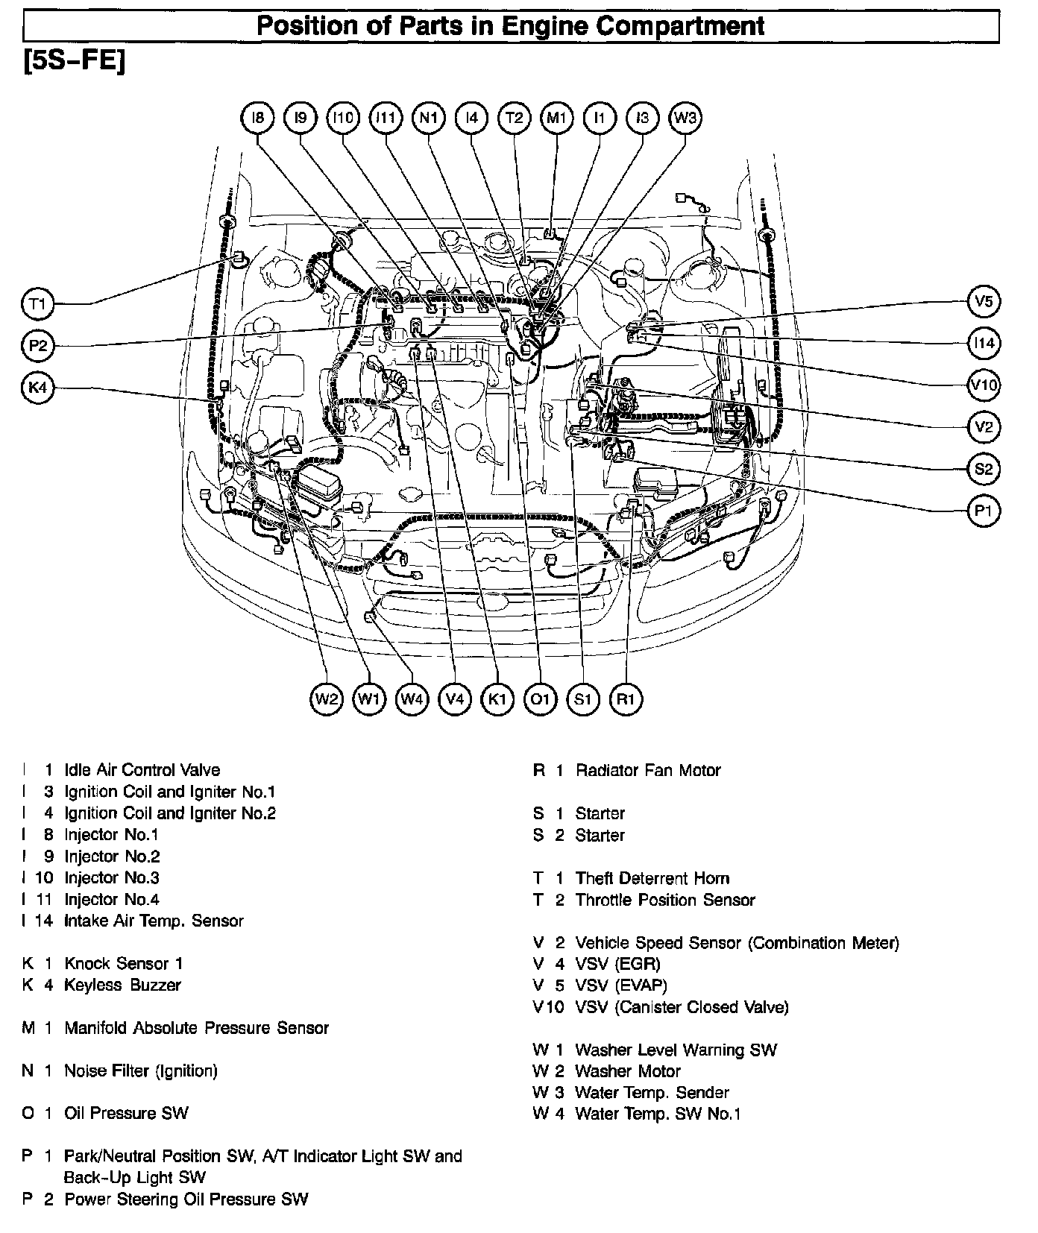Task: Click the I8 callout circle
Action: (258, 118)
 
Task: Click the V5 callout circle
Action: (984, 301)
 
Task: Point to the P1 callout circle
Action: (984, 511)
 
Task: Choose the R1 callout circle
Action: (626, 699)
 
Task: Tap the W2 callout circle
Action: (327, 699)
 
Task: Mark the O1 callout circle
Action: (540, 699)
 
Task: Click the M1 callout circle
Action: (557, 118)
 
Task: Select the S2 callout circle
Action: (984, 469)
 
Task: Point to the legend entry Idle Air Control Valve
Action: (142, 770)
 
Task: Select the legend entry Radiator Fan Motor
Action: (647, 770)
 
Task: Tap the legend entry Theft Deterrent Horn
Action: (652, 878)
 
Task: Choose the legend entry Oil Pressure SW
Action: (126, 1113)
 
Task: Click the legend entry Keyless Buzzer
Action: (122, 985)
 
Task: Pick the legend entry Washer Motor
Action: (627, 1071)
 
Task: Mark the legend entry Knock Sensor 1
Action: (123, 963)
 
